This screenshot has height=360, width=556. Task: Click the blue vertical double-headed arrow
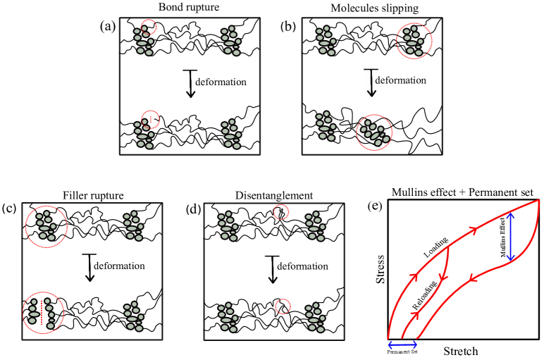click(x=510, y=237)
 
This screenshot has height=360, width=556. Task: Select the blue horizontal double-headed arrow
click(x=402, y=345)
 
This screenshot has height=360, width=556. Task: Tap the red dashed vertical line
click(x=42, y=313)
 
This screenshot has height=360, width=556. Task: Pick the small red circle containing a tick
click(x=150, y=120)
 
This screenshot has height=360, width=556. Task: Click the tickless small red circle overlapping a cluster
click(x=149, y=27)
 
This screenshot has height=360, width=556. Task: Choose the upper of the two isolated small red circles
click(x=281, y=212)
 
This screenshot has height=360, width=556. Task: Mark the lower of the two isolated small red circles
click(x=283, y=306)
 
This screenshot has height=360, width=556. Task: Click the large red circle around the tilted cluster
click(x=374, y=132)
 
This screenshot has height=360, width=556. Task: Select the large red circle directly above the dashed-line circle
click(x=47, y=227)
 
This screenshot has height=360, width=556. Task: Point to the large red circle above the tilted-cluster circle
click(x=414, y=41)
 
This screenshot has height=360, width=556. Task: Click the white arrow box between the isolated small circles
click(x=273, y=270)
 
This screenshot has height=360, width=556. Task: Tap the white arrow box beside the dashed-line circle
click(x=90, y=268)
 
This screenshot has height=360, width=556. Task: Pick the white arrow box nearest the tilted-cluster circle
click(x=371, y=83)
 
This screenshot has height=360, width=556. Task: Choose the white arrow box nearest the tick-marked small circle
click(x=191, y=85)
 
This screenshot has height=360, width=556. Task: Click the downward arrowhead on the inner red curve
click(x=443, y=278)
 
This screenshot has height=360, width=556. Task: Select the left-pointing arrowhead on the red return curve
click(x=472, y=278)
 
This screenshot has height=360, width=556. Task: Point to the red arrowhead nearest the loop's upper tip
click(x=474, y=230)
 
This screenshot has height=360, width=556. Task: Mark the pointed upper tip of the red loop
click(x=539, y=200)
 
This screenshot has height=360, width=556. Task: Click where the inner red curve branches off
click(x=448, y=248)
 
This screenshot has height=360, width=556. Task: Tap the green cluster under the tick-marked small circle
click(x=144, y=134)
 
